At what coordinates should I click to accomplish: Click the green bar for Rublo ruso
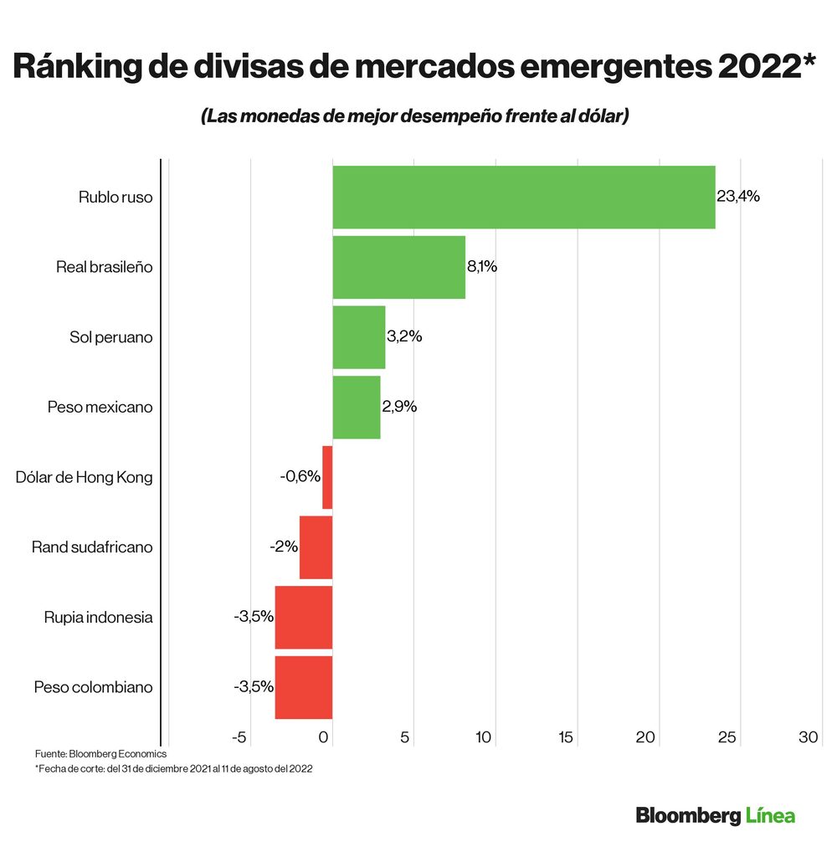click(x=523, y=197)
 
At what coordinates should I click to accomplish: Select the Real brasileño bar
click(x=398, y=267)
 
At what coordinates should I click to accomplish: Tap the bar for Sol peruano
click(x=358, y=337)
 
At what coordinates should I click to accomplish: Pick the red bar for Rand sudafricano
click(x=316, y=547)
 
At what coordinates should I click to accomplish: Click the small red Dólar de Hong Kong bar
click(x=327, y=477)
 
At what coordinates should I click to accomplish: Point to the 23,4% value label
click(x=738, y=197)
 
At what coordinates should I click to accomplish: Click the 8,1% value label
click(x=483, y=267)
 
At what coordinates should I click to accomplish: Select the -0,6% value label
click(x=300, y=476)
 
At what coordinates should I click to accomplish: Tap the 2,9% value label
click(x=399, y=407)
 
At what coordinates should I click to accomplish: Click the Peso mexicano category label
click(x=100, y=407)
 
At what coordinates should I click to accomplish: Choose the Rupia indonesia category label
click(x=99, y=618)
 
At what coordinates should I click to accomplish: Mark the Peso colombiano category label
click(x=94, y=687)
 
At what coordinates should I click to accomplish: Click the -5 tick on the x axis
click(x=239, y=737)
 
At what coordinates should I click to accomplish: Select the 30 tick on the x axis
click(x=808, y=737)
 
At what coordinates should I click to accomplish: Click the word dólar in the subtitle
click(x=597, y=116)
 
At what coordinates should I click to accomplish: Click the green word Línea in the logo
click(x=769, y=814)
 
